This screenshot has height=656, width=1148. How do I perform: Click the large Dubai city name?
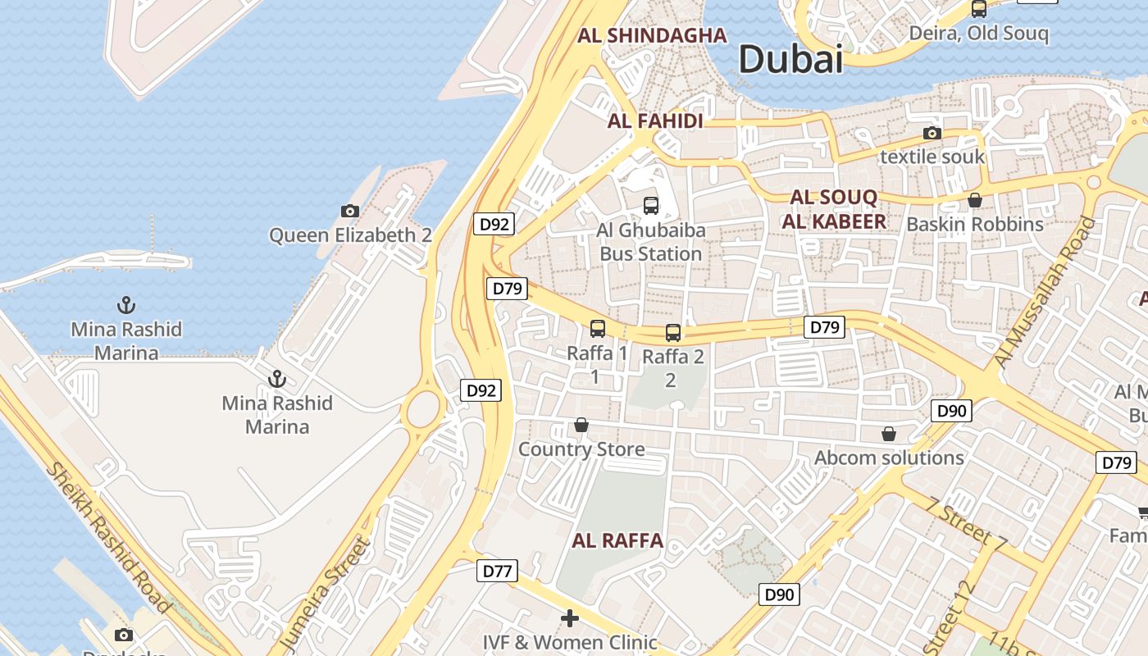(x=790, y=60)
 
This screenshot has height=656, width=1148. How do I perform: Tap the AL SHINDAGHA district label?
(x=652, y=35)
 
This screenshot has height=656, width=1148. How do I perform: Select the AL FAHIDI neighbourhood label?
(x=655, y=121)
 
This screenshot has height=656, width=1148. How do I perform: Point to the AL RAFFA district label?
(x=617, y=540)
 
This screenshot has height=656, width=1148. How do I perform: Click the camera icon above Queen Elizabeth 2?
(x=350, y=212)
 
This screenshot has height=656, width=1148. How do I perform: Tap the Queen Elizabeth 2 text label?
(x=351, y=235)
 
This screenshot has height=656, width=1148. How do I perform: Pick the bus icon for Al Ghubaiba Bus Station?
(x=651, y=206)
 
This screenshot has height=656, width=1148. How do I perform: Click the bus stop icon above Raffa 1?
(x=598, y=329)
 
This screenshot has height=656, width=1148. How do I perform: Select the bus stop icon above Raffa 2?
(x=673, y=332)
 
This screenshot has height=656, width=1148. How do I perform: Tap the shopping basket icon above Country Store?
(x=581, y=425)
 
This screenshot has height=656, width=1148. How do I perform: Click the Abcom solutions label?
(x=889, y=458)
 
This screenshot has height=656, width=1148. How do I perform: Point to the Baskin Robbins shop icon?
(x=975, y=200)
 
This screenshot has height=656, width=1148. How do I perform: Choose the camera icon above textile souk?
(x=932, y=133)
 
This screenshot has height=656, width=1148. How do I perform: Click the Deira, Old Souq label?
(x=978, y=34)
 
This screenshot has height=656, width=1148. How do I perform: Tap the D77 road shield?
(x=497, y=571)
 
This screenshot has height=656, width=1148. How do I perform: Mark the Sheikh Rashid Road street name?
(x=109, y=538)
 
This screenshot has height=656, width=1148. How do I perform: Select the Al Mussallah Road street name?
(x=1045, y=292)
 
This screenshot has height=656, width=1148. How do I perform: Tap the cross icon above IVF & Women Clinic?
(x=570, y=617)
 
